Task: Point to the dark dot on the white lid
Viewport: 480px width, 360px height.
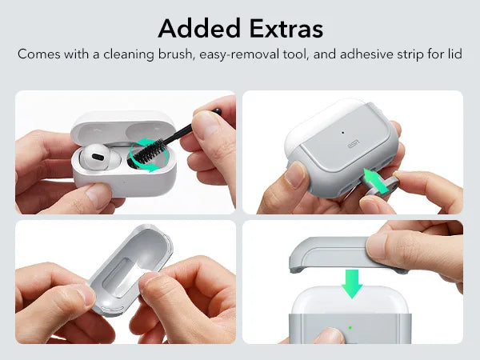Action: point(343,132)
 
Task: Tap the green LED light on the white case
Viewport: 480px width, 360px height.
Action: point(350,326)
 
